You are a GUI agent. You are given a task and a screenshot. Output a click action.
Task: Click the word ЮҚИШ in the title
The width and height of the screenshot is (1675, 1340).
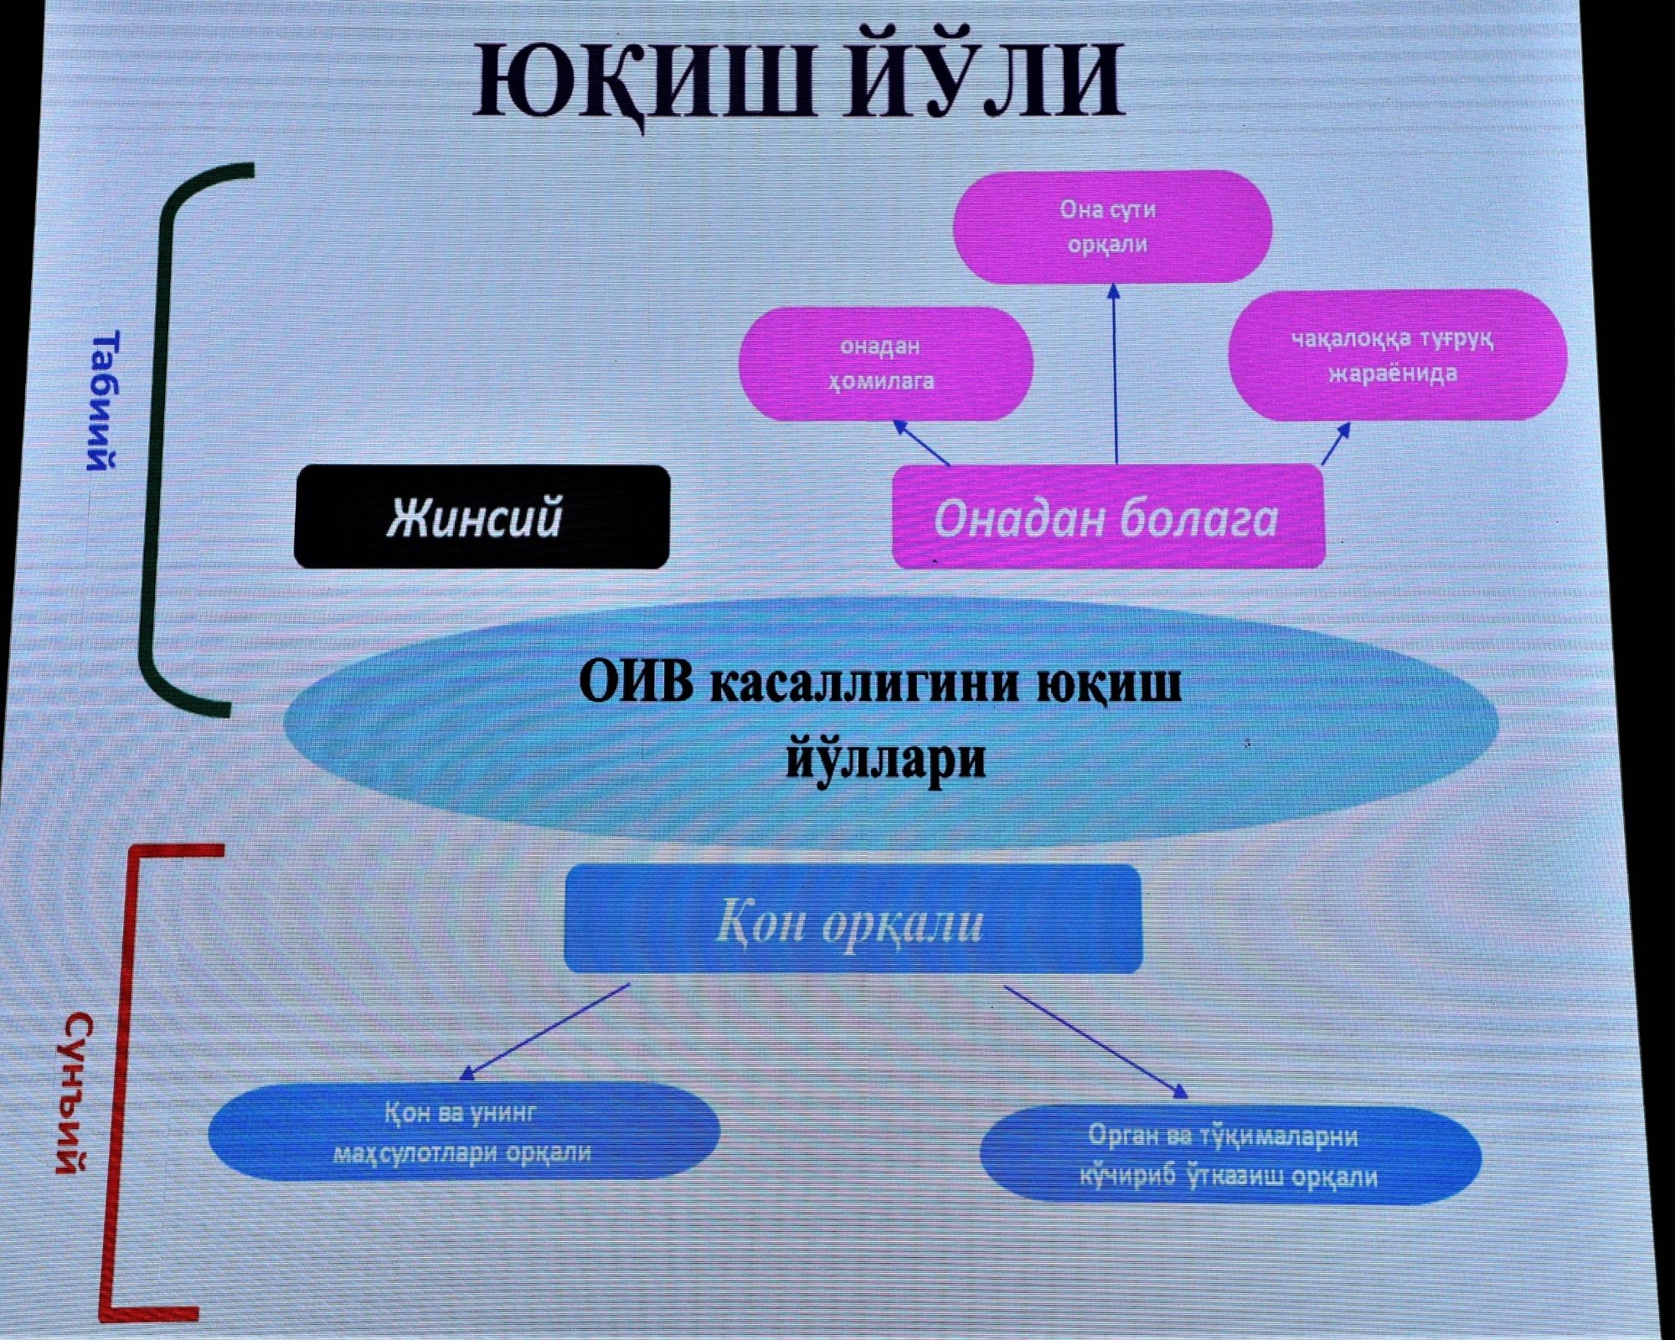643,81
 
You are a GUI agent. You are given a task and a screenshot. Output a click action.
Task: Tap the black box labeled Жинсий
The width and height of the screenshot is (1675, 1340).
482,517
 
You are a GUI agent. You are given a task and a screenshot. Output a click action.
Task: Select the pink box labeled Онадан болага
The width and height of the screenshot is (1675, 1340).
1109,516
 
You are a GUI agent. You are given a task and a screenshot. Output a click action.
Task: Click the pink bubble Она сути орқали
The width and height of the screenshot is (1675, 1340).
1112,227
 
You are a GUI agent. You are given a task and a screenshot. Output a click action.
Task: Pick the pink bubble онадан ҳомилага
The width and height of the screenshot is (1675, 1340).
886,363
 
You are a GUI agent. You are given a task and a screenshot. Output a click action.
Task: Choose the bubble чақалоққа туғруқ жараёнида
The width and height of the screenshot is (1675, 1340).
1397,355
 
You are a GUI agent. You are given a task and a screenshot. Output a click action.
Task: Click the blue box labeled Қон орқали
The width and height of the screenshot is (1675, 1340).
853,920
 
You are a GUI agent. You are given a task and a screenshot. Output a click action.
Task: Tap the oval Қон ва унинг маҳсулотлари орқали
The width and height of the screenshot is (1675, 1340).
464,1132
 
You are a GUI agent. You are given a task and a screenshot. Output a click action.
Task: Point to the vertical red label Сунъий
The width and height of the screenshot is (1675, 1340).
75,1093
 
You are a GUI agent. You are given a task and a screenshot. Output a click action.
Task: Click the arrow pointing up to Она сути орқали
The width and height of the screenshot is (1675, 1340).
1115,374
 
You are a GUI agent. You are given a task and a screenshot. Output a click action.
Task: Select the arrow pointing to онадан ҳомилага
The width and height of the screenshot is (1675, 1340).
921,442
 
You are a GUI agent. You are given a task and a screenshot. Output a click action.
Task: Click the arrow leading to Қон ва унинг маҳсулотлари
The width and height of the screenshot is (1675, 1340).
544,1032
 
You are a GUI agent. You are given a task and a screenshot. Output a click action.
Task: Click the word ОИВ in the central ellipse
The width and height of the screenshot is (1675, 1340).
636,683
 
